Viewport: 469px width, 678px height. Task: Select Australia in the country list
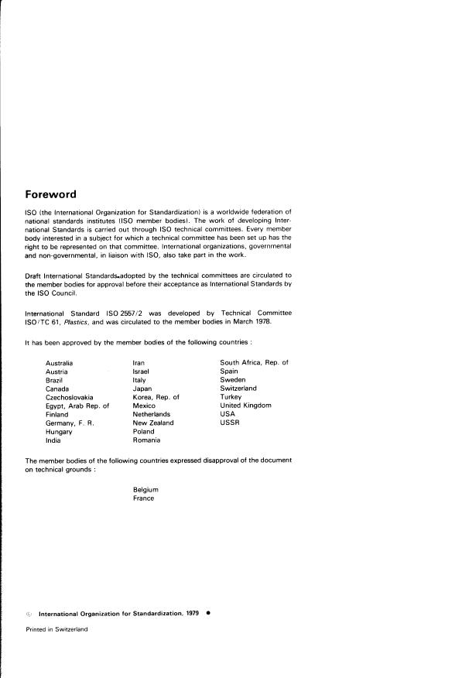(x=60, y=363)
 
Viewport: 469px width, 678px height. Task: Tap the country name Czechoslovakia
(x=70, y=397)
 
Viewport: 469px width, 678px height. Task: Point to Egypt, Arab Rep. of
(x=77, y=406)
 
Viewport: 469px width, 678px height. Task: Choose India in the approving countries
(x=53, y=440)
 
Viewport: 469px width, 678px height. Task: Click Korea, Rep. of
(x=156, y=397)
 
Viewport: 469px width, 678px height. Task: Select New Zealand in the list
(x=153, y=423)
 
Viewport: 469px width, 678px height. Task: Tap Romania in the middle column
(x=146, y=440)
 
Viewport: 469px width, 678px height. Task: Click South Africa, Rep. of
(x=254, y=363)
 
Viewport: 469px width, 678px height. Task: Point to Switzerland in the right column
(x=238, y=389)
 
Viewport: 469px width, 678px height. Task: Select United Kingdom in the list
(x=245, y=406)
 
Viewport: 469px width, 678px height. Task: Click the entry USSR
(x=229, y=423)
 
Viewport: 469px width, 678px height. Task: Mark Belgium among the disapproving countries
(x=145, y=490)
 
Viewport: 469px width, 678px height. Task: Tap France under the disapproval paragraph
(x=144, y=498)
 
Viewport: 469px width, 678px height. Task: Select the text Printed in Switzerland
(x=56, y=629)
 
